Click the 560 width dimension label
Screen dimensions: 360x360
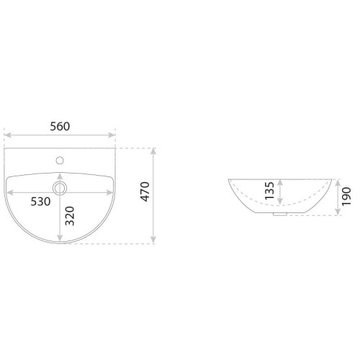(60, 127)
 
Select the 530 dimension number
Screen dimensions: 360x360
(40, 202)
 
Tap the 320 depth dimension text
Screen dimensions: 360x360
(70, 216)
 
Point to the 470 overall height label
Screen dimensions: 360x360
(145, 192)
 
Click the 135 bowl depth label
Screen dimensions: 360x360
(269, 191)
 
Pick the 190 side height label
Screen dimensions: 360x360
(346, 197)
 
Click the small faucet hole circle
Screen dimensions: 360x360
(60, 161)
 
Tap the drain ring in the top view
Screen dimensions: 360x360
(60, 188)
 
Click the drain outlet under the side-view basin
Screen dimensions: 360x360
(280, 215)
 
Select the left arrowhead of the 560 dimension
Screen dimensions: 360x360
(7, 135)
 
